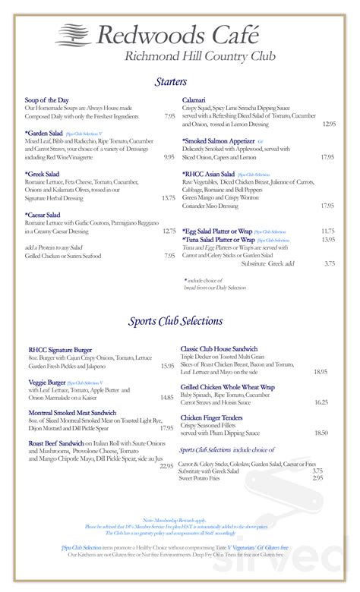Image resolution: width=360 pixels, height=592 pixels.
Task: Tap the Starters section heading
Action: coord(172,81)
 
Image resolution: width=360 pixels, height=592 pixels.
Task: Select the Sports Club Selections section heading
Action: coord(175,321)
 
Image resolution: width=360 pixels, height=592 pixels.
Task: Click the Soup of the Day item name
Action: coord(47,100)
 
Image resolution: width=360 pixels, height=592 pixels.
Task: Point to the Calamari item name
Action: coord(195,100)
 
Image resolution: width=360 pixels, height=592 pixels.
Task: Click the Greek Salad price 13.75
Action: coord(168,197)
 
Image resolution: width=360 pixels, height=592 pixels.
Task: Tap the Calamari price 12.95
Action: coord(328,124)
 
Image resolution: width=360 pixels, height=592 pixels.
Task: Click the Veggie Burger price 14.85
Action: coord(167,397)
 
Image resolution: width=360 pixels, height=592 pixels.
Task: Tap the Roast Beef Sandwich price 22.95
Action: coord(166,465)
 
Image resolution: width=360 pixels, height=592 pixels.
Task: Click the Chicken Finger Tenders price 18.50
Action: coord(321,433)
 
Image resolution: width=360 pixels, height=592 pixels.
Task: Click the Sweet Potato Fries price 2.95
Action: coord(317,477)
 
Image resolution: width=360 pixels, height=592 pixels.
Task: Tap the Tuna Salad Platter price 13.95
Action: coord(328,239)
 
